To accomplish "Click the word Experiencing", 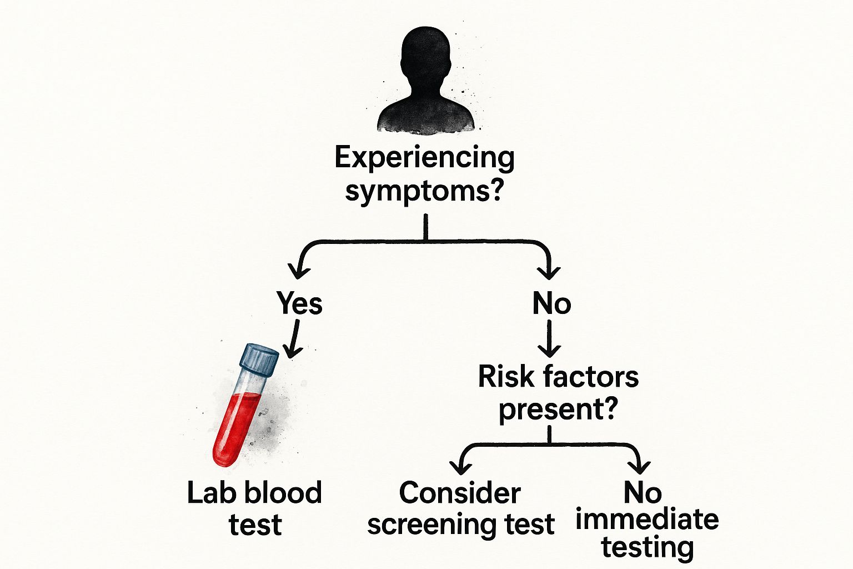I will click(x=425, y=158).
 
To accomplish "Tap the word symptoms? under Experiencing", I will click(x=425, y=192).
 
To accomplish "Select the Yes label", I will click(x=299, y=303).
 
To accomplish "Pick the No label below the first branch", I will click(x=551, y=303).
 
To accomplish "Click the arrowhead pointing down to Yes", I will click(x=300, y=271).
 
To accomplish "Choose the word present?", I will click(x=558, y=410).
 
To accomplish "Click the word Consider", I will click(x=460, y=493).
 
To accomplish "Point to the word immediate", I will click(x=647, y=520).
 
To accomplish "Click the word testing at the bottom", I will click(x=648, y=547).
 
